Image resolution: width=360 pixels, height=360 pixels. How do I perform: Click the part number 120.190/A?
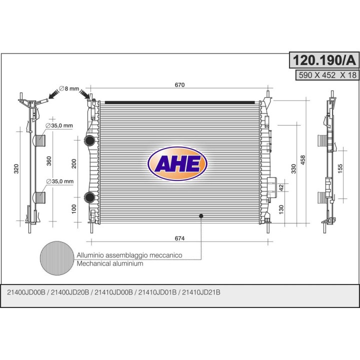point(324,60)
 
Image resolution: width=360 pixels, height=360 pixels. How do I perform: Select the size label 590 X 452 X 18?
point(327,75)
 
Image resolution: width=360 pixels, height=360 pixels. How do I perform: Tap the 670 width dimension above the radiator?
point(179,85)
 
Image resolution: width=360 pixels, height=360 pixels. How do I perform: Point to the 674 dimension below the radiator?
point(179,238)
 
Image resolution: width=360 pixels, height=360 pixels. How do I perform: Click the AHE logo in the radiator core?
point(177,163)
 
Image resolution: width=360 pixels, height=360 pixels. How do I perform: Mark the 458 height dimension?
point(303,160)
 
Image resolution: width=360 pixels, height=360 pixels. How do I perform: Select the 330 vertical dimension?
point(293,168)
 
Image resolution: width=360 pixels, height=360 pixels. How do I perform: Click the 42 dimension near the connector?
point(281,188)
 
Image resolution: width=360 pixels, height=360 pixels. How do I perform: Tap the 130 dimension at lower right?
point(281,209)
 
